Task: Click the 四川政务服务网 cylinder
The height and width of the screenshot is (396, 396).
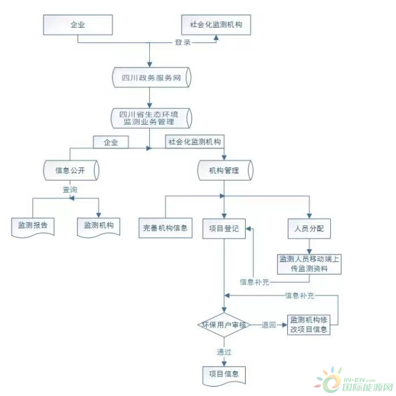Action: [152, 78]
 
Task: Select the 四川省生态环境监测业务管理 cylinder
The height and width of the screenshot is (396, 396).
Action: [151, 118]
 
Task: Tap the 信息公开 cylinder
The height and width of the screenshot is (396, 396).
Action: [71, 170]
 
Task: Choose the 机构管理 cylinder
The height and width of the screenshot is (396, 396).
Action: [225, 170]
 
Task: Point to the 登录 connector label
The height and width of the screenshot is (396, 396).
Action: [183, 42]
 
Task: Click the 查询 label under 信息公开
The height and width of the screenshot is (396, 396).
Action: [70, 189]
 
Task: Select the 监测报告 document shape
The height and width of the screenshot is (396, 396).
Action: [33, 227]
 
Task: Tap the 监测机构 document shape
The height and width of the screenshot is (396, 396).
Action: [99, 227]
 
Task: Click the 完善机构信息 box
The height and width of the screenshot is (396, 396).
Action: [166, 228]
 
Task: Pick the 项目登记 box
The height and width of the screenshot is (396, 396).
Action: [224, 229]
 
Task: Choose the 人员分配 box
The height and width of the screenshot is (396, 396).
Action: [309, 229]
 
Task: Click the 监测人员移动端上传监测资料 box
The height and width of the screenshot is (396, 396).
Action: [309, 264]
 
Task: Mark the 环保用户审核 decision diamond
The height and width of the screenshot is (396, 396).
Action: [224, 325]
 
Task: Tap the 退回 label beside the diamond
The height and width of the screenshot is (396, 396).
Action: [269, 325]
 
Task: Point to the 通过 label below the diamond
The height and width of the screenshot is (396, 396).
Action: [224, 352]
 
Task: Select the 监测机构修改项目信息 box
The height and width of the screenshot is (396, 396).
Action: [308, 325]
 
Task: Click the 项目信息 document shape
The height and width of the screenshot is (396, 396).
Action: [224, 376]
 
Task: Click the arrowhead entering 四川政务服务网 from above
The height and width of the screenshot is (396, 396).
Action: [149, 64]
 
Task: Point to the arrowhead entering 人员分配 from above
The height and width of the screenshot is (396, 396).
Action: [309, 216]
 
